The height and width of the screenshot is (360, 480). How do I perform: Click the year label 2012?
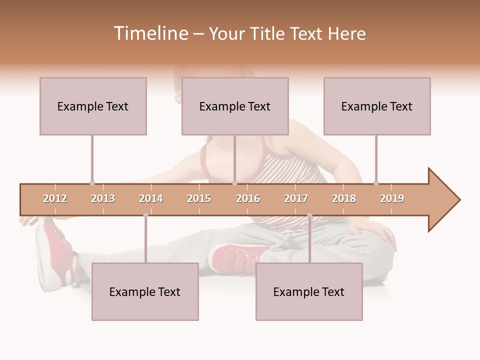coord(55,198)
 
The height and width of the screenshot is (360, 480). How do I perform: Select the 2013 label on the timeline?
coord(103,198)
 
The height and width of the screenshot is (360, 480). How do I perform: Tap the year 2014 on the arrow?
coord(151,198)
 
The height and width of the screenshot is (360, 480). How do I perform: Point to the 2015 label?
coord(199,198)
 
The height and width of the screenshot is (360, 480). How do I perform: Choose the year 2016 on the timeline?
coord(248,198)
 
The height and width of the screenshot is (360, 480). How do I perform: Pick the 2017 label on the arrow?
coord(296,198)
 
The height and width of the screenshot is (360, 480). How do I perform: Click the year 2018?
coord(344,198)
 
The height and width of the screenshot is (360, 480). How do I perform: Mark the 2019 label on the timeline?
coord(392,198)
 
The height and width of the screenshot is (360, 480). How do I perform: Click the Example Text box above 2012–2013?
coord(93,106)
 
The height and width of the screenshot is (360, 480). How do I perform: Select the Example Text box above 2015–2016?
coord(235,106)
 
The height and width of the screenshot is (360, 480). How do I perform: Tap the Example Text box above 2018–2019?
coord(377,106)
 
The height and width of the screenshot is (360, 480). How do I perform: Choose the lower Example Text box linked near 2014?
coord(145,291)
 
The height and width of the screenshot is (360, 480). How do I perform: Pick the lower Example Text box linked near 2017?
coord(309,291)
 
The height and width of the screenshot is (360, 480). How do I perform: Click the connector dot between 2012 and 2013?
coord(92,183)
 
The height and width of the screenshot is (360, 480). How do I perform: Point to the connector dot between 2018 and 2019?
coord(376,183)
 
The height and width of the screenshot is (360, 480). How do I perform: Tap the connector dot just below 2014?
coord(145,215)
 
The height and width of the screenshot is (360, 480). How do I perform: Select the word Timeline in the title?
coord(150,33)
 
